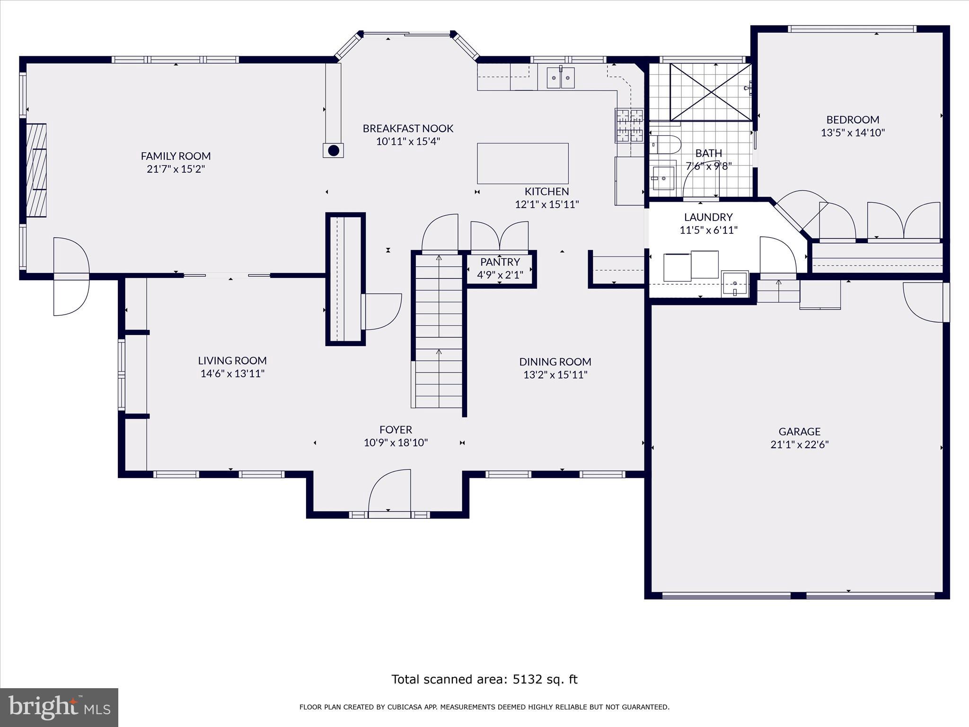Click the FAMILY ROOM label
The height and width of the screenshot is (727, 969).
[176, 156]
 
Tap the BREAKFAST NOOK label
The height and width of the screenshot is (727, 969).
[408, 128]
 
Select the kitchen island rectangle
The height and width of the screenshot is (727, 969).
[522, 163]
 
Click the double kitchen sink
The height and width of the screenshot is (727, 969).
[561, 78]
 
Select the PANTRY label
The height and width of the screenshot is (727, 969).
[500, 262]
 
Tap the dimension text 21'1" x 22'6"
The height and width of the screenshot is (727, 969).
[800, 444]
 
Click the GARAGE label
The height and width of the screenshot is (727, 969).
[800, 431]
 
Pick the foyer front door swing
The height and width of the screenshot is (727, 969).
[389, 491]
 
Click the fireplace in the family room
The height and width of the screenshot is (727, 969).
[36, 170]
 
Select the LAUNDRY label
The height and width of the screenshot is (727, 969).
[708, 217]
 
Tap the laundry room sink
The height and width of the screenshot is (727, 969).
[735, 284]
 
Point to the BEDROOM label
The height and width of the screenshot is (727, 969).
[853, 120]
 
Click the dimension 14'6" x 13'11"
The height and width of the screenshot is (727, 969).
[232, 373]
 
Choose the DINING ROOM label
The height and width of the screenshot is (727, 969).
[555, 362]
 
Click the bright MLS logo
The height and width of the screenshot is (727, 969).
[59, 708]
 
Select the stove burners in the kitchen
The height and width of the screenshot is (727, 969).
[629, 125]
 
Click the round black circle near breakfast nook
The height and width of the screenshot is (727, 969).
[334, 151]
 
